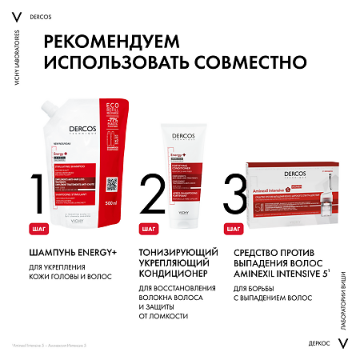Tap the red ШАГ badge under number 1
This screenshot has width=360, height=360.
tap(38, 229)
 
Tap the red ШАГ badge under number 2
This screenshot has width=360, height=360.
tap(148, 229)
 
